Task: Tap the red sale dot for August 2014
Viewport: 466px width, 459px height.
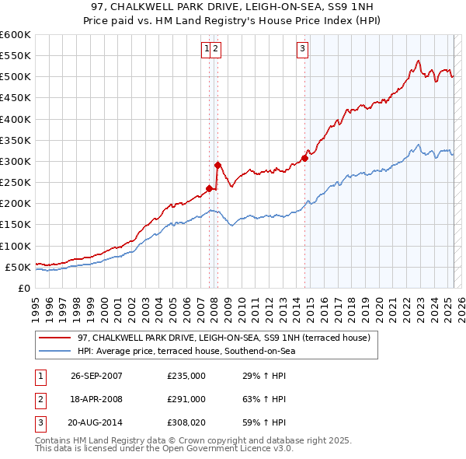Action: coord(304,158)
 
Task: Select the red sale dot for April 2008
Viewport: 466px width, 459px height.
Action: coord(217,165)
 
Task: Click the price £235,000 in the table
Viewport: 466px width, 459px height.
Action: coord(186,376)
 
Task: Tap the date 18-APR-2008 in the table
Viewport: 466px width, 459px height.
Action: coord(96,399)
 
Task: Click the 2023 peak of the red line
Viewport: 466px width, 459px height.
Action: coord(418,61)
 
